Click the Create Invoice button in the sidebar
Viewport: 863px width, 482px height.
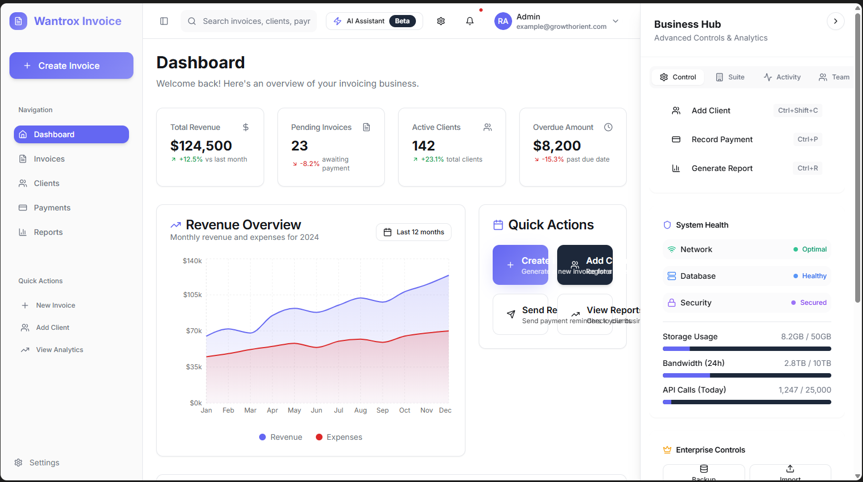tap(71, 66)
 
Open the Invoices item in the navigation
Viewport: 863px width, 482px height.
tap(49, 159)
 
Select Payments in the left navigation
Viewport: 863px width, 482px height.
tap(52, 208)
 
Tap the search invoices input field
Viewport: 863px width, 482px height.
tap(256, 21)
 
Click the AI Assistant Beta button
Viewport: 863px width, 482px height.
tap(374, 21)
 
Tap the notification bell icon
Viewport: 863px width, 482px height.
tap(470, 21)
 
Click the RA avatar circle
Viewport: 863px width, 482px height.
tap(503, 21)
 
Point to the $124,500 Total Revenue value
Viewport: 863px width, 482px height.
tap(201, 145)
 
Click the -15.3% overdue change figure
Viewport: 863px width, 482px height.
tap(553, 159)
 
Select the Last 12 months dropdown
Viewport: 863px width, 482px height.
tap(414, 232)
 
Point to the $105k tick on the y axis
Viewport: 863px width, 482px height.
tap(192, 295)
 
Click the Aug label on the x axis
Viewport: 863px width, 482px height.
tap(360, 410)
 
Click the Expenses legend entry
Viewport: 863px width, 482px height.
tap(339, 437)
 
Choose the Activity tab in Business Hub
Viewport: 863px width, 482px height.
tap(782, 77)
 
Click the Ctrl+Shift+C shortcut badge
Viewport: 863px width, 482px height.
tap(797, 111)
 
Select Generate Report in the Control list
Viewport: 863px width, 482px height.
tap(722, 168)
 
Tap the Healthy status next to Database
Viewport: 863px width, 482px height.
tap(814, 276)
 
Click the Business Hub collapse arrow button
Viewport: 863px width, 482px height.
tap(835, 21)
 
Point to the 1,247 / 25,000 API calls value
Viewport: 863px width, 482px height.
tap(805, 390)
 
